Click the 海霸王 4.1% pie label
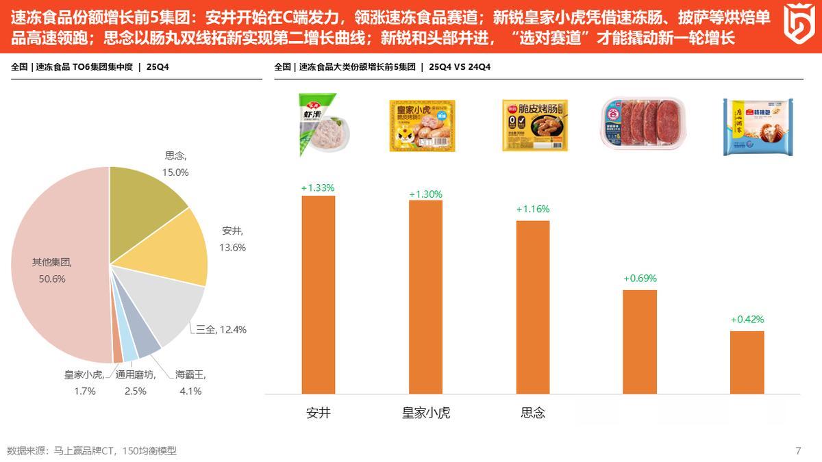coord(190,383)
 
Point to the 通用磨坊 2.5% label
coord(136,383)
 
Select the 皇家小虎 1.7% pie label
coord(84,383)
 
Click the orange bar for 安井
coord(319,294)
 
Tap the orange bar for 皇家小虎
coord(425,297)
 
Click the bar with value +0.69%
coord(640,342)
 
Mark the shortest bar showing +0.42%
coord(747,362)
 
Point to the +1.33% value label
coord(319,188)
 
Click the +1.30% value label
coord(425,194)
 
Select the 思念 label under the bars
coord(533,413)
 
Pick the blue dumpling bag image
coord(759,127)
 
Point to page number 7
coord(798,450)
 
